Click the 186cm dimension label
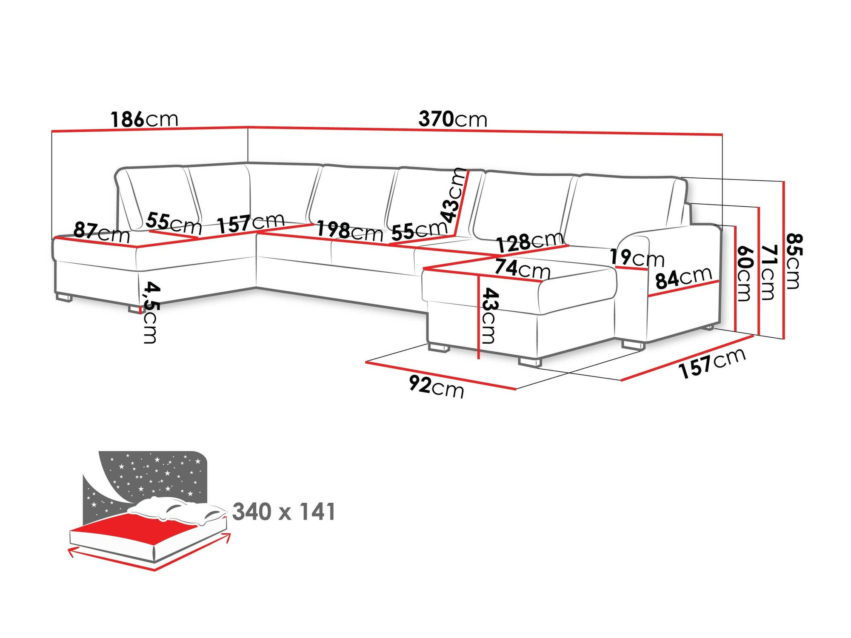click(x=144, y=119)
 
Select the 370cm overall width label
click(x=452, y=119)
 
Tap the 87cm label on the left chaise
click(x=101, y=232)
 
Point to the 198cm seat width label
click(x=349, y=231)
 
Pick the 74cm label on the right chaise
click(x=522, y=269)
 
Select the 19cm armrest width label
click(x=637, y=258)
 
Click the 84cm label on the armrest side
click(x=683, y=278)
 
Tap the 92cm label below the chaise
click(x=436, y=386)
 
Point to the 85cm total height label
click(x=793, y=261)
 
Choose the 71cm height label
click(x=768, y=272)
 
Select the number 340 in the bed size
click(x=252, y=512)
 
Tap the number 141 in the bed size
click(x=317, y=512)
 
